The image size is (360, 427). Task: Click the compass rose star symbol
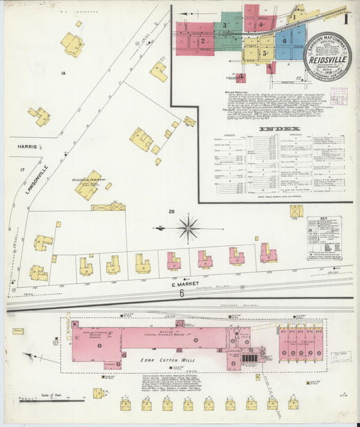click(188, 226)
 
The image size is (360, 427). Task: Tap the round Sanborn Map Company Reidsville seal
click(327, 57)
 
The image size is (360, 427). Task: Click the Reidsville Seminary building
click(87, 189)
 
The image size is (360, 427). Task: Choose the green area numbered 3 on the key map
click(225, 26)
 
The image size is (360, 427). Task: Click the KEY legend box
click(324, 238)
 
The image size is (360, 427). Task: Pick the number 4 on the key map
click(260, 24)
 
